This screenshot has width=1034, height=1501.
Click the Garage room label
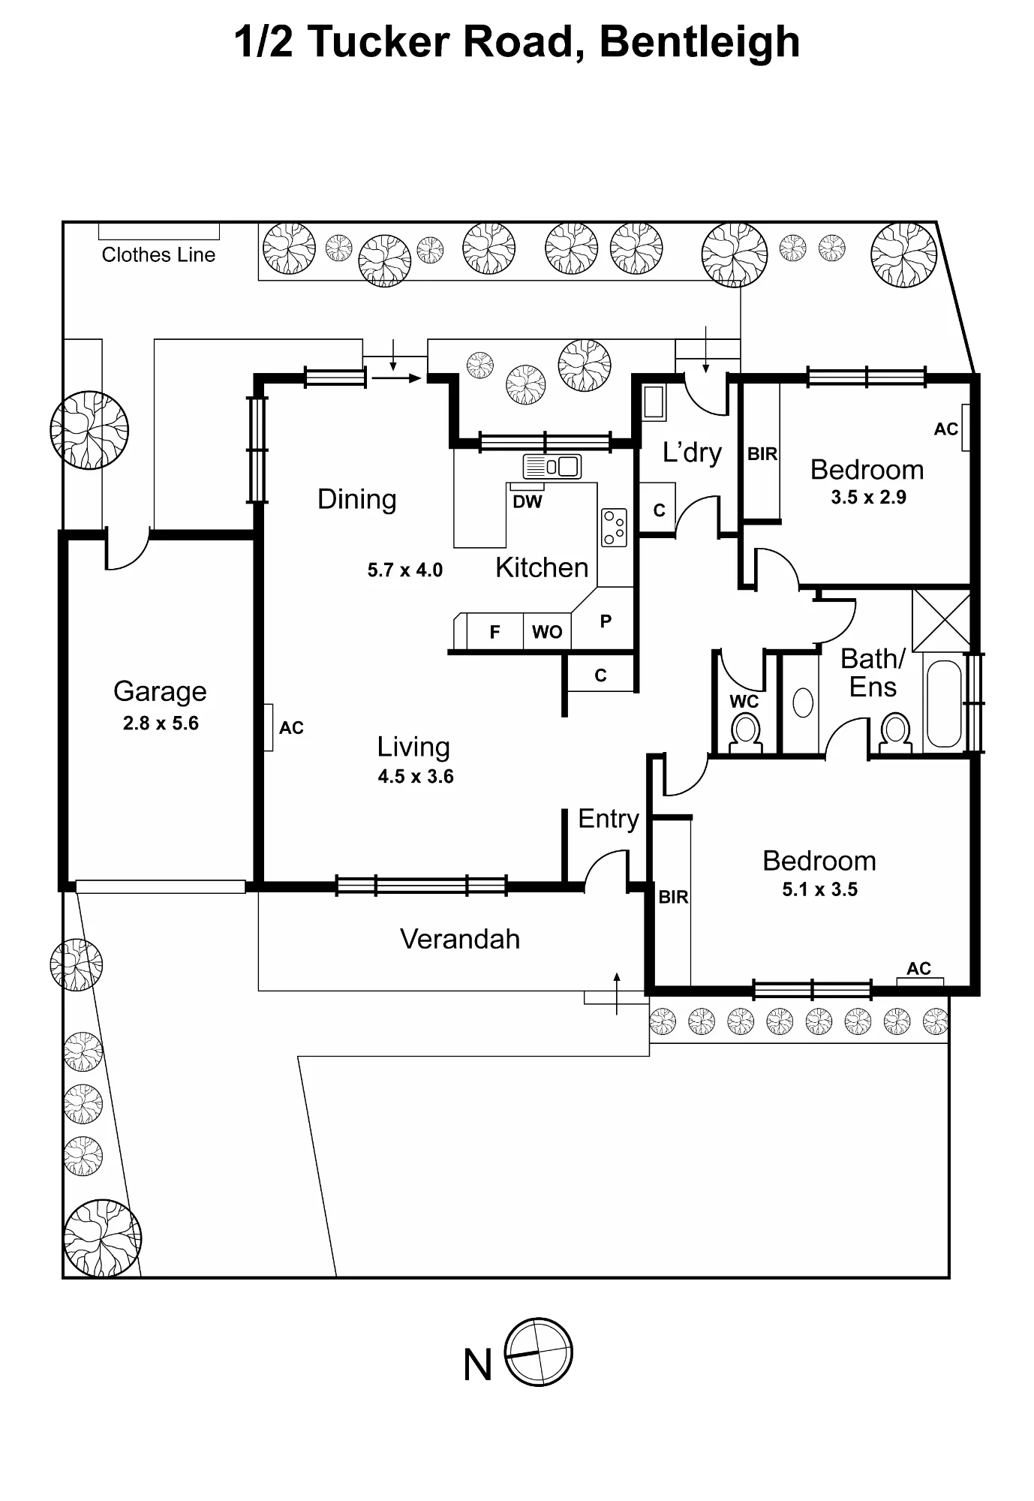coord(160,691)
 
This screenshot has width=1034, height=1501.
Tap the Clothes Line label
coord(158,255)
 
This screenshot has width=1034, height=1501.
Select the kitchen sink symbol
coord(552,466)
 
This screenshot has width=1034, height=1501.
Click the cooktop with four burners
coord(614,528)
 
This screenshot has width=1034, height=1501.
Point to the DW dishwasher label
coord(527,502)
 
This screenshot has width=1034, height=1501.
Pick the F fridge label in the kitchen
coord(494,632)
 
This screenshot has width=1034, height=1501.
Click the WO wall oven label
coord(547,632)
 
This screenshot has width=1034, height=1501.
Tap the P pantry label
coord(606,621)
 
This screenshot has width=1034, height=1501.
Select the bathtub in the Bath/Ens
coord(944,704)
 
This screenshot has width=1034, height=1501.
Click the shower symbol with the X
coord(942,621)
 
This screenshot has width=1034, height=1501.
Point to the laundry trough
coord(654,402)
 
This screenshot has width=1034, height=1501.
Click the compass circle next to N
coord(539,1352)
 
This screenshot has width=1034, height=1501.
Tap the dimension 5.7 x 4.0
coord(404,570)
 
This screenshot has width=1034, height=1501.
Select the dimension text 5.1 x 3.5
coord(819,889)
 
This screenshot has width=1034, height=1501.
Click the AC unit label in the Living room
coord(291,727)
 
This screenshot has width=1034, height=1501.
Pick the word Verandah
coord(460,939)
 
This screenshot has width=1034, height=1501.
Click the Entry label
coord(609,819)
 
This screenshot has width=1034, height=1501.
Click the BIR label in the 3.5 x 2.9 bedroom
coord(762,454)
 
